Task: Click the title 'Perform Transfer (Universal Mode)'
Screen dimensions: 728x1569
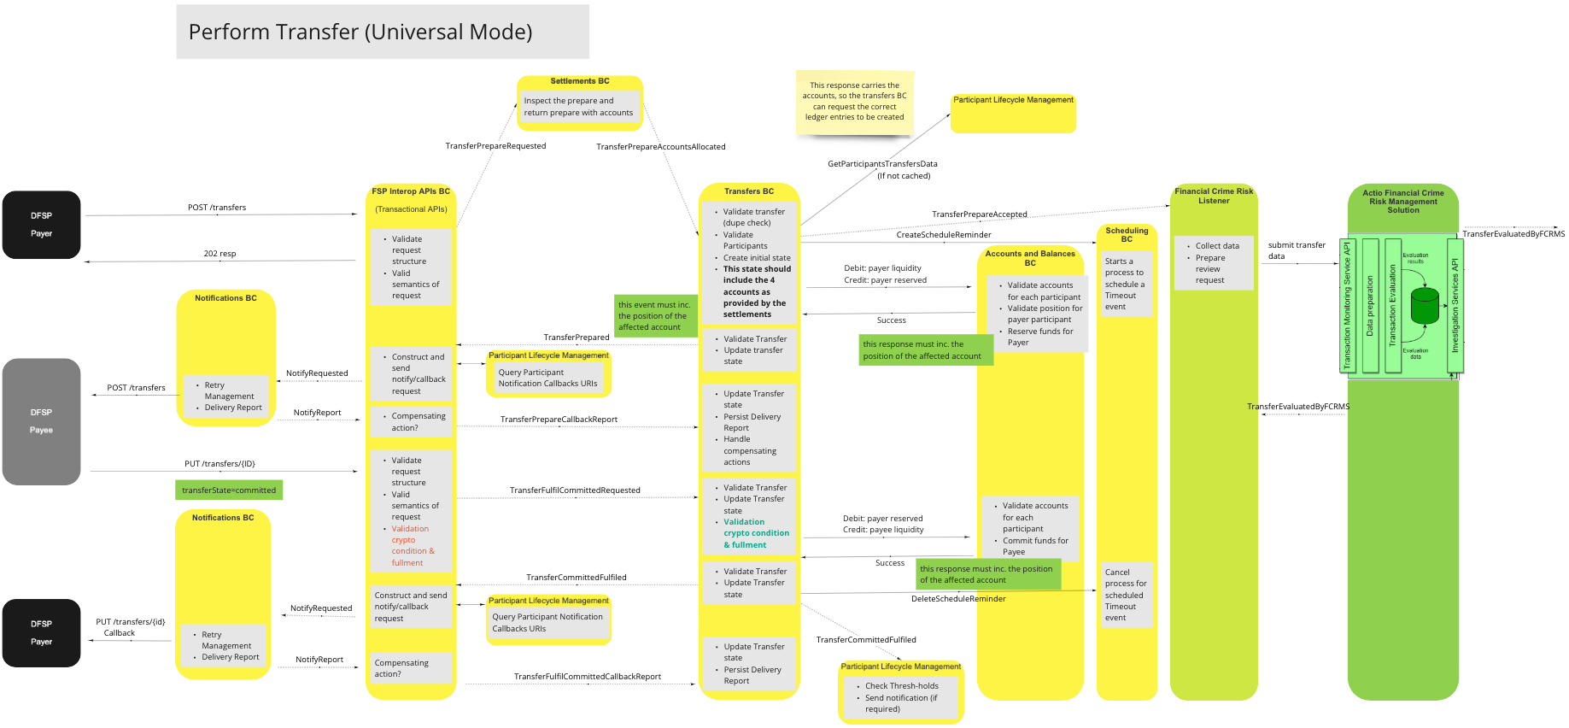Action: (360, 32)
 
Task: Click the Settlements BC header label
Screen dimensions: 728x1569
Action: (579, 81)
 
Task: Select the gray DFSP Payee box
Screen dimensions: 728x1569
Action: (41, 421)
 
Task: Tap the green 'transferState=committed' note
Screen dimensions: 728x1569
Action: (228, 490)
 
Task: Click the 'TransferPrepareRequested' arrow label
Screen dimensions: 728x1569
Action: (495, 146)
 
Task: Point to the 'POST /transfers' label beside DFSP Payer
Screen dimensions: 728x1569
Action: (217, 208)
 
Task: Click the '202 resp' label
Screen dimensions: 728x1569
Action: (220, 254)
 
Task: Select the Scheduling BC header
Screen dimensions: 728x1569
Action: (1127, 235)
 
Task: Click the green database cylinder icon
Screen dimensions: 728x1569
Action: (1425, 306)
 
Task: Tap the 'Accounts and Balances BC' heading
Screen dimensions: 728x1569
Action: (1030, 258)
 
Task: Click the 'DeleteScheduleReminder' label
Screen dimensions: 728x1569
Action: (958, 599)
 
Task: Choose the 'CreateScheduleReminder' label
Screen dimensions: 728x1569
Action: (944, 235)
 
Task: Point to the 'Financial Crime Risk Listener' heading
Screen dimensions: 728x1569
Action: (1214, 196)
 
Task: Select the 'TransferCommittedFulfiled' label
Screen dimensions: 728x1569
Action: (577, 578)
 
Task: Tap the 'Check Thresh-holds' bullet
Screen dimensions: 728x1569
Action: (901, 686)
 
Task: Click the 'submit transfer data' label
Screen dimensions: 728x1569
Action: (1296, 250)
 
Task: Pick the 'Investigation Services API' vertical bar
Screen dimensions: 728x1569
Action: (1455, 306)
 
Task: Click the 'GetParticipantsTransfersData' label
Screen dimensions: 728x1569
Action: (882, 164)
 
